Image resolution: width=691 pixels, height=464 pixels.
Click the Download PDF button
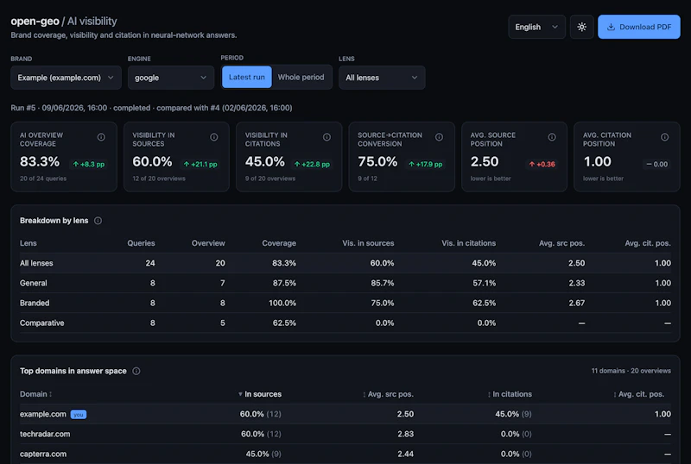638,27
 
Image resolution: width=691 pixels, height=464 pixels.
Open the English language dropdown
536,27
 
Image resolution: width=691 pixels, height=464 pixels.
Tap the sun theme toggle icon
581,27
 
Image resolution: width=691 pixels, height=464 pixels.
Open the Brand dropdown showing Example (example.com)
66,78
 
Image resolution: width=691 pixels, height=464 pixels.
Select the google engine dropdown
170,78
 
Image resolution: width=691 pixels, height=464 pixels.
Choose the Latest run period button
247,77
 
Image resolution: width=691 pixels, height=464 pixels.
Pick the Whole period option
301,77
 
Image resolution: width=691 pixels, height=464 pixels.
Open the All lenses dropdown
382,78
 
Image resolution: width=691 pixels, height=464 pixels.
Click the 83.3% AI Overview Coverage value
40,161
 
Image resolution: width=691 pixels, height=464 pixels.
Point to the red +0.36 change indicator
542,164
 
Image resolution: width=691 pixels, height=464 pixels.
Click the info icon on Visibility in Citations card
326,137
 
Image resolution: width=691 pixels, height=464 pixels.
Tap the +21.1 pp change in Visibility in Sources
200,164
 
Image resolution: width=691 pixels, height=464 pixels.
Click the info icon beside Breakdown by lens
98,221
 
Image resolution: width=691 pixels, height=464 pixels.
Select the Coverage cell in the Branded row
282,303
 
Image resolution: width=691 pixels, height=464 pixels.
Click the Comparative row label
41,323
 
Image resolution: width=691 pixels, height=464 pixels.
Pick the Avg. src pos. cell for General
576,283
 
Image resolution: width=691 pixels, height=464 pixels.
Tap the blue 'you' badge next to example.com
79,414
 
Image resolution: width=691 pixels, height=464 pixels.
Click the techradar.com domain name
45,434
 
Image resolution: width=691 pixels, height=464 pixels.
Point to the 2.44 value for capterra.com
405,454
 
